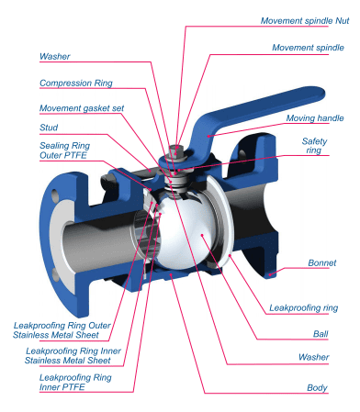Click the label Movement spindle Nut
click(305, 21)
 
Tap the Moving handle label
click(315, 118)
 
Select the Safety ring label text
click(314, 146)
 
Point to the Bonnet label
click(322, 262)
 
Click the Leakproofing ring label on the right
click(303, 307)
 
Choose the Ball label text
click(321, 334)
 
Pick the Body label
click(317, 388)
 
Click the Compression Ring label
click(76, 83)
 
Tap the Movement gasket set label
click(82, 108)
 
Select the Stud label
click(49, 128)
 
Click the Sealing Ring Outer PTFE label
click(64, 150)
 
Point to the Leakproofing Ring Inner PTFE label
click(75, 383)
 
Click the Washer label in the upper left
click(55, 56)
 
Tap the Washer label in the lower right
click(314, 357)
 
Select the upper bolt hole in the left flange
click(55, 195)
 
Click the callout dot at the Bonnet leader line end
click(270, 274)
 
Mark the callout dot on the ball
click(202, 235)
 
